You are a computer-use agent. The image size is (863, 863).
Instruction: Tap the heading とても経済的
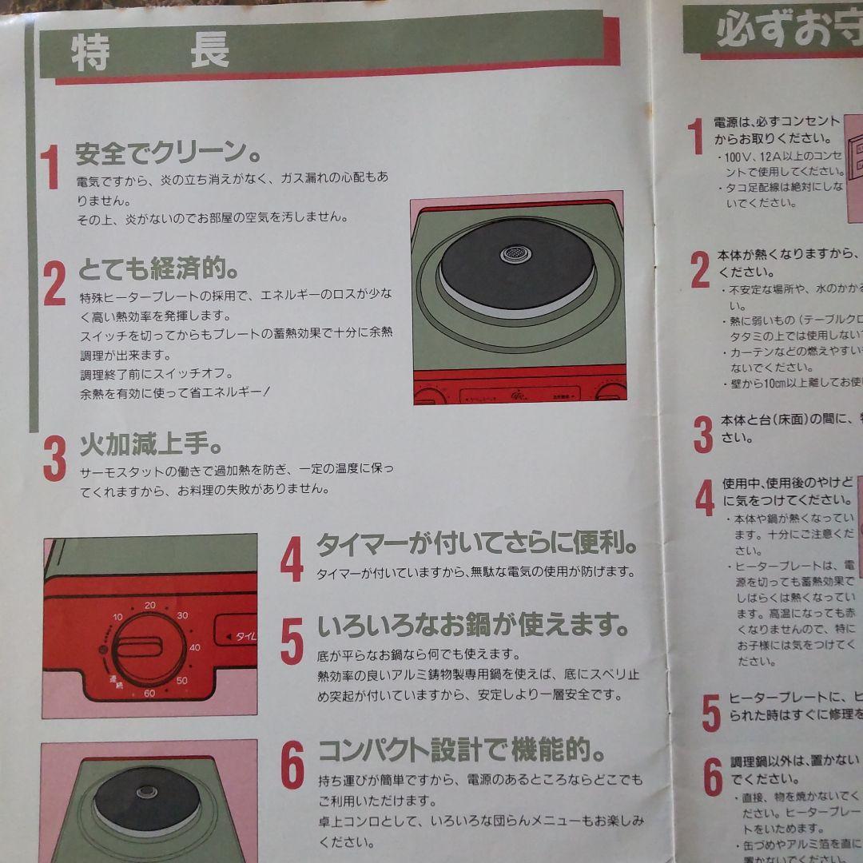[157, 269]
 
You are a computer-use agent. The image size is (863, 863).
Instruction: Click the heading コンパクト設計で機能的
[462, 751]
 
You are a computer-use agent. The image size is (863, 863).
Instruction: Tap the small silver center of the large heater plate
[515, 253]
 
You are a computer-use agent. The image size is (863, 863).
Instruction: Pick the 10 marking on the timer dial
[118, 618]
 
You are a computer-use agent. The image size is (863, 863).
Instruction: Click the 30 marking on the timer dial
[182, 614]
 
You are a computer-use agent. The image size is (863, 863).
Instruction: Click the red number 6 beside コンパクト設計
[292, 769]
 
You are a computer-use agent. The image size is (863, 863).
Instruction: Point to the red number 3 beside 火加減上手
[54, 458]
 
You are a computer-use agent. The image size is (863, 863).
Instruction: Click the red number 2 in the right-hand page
[700, 269]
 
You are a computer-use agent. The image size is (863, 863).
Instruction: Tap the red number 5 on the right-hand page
[710, 713]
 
